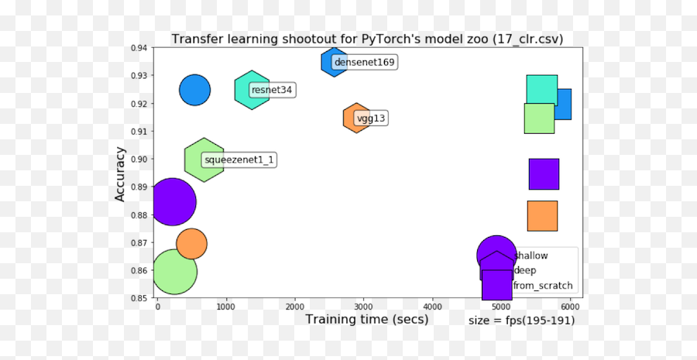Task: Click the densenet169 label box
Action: click(x=364, y=63)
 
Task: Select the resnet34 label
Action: click(x=272, y=91)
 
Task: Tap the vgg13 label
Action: click(x=371, y=119)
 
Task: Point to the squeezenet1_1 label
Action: click(x=239, y=160)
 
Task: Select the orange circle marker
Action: click(x=191, y=244)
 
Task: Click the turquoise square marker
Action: click(x=541, y=90)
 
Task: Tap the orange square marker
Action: click(x=542, y=216)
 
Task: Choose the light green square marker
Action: click(x=538, y=118)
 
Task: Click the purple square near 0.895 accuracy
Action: click(x=544, y=174)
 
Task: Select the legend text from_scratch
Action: click(x=543, y=286)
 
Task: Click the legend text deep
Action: click(x=525, y=270)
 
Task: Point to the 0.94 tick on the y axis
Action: click(x=139, y=48)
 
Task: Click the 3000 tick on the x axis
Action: click(x=363, y=307)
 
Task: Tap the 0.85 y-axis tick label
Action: click(x=139, y=298)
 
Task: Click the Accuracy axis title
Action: click(x=120, y=173)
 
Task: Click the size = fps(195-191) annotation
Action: click(x=522, y=321)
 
